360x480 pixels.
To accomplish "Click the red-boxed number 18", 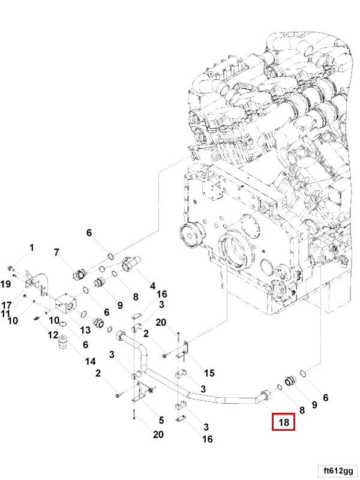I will [x=284, y=422].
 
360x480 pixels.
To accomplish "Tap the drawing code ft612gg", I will [x=336, y=469].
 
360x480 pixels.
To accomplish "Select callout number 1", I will [x=32, y=248].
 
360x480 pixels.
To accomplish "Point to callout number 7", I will [x=57, y=252].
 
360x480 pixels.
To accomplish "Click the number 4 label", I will [x=152, y=285].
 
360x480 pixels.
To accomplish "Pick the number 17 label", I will [x=7, y=304].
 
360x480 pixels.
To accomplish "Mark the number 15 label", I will [x=209, y=373].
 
